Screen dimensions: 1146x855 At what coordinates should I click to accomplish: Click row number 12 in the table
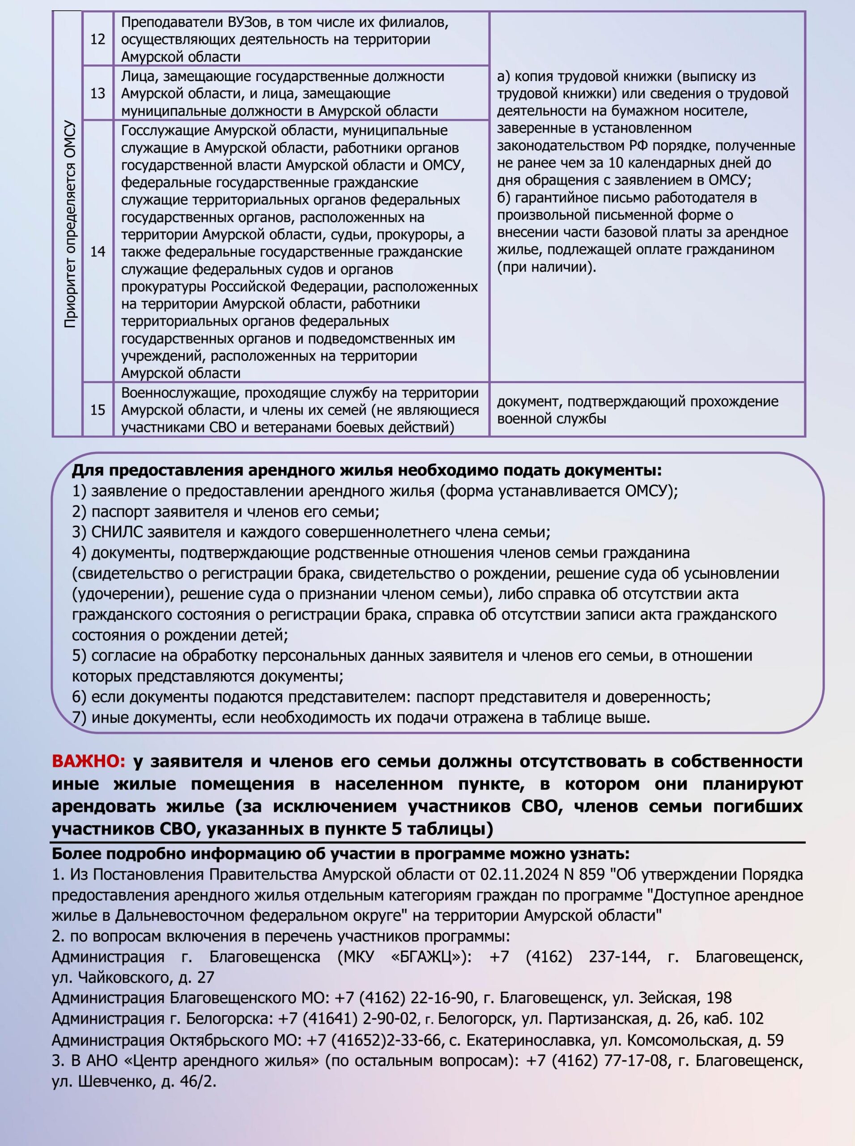point(97,39)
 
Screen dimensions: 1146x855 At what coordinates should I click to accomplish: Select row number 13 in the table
point(97,94)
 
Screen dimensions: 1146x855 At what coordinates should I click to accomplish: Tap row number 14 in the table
point(97,252)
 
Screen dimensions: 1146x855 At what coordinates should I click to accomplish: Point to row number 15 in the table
point(97,410)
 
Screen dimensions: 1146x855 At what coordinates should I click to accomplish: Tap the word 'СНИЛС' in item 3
point(117,532)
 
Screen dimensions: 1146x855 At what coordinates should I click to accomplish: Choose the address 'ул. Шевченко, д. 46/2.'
point(134,1081)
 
